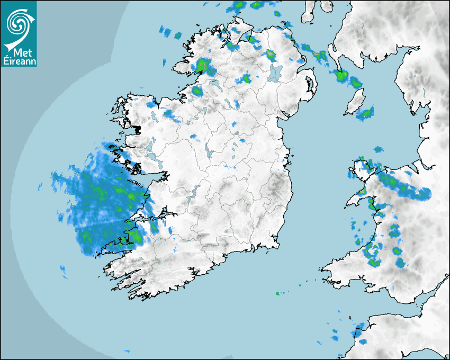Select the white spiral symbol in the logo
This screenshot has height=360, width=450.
click(x=18, y=23)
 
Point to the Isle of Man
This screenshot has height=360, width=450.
click(x=355, y=101)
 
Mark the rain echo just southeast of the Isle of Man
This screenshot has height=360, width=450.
click(x=366, y=113)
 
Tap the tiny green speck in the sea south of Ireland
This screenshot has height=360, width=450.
click(x=278, y=293)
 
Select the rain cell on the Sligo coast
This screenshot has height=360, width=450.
click(x=197, y=92)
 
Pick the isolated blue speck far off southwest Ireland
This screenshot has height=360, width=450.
click(x=63, y=271)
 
